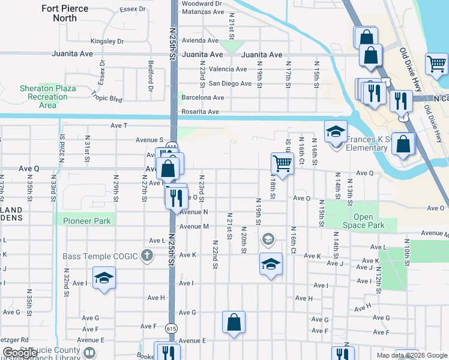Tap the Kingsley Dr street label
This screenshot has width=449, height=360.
(x=107, y=41)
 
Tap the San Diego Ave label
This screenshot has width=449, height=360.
(x=230, y=83)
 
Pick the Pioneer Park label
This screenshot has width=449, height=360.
(x=87, y=221)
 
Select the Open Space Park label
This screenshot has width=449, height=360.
(x=363, y=221)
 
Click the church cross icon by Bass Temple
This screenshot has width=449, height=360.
(x=146, y=256)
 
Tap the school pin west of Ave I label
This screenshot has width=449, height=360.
(x=104, y=278)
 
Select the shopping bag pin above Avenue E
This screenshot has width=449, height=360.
(x=234, y=322)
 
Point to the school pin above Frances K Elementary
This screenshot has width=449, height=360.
(x=336, y=131)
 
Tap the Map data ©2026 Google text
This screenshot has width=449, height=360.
(x=411, y=355)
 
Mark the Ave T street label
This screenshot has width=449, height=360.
(x=119, y=125)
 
